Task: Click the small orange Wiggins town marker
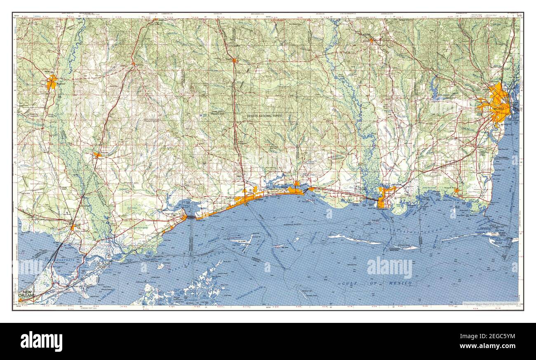tap(234, 61)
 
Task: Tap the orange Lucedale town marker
tap(371, 40)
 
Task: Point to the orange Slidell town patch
tap(73, 226)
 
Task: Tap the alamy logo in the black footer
tap(41, 341)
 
